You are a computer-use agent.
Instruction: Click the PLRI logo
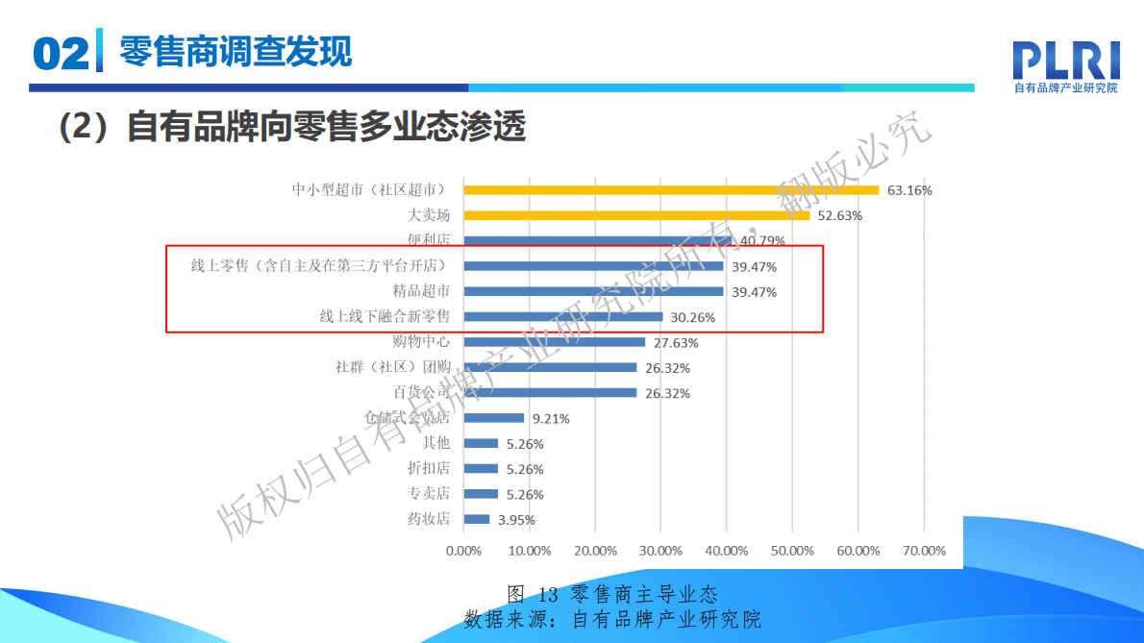(x=1066, y=65)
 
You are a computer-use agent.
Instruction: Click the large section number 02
(x=61, y=54)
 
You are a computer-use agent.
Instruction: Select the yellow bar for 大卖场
(x=636, y=215)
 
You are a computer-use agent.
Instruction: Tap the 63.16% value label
(x=909, y=190)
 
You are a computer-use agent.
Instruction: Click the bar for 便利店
(x=597, y=240)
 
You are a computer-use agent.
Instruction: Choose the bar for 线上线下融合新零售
(x=563, y=316)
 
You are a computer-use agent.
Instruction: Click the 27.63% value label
(x=676, y=342)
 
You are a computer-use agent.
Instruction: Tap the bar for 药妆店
(x=477, y=519)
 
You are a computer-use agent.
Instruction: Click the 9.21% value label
(x=551, y=418)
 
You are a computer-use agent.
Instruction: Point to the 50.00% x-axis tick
(x=792, y=551)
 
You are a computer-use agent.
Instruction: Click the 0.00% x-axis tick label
(x=463, y=551)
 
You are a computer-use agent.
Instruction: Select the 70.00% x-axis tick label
(x=924, y=551)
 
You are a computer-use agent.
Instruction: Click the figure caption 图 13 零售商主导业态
(x=612, y=594)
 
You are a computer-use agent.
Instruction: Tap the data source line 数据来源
(x=612, y=618)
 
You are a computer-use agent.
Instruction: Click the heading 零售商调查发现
(x=236, y=50)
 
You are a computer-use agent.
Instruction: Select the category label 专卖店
(x=429, y=494)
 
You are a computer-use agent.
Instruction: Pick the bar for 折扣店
(x=481, y=469)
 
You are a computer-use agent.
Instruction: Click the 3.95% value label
(x=516, y=520)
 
